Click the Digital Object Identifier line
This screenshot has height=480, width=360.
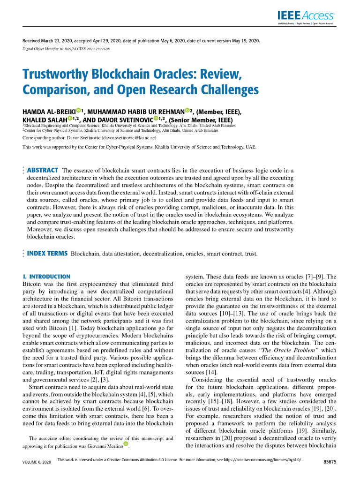[66, 49]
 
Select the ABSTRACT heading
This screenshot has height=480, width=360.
[43, 170]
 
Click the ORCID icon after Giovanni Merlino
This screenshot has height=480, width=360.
[125, 444]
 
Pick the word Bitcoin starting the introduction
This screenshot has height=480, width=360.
[32, 284]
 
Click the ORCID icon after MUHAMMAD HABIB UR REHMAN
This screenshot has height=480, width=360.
[187, 111]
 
